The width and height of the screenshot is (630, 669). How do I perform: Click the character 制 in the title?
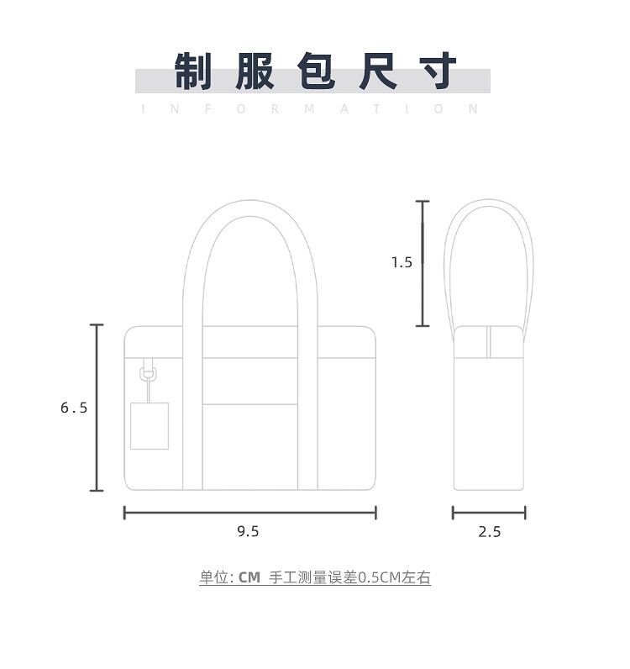193,71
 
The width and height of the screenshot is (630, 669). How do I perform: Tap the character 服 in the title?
254,71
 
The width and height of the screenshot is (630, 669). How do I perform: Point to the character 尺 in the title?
378,71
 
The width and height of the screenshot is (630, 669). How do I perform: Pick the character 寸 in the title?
439,71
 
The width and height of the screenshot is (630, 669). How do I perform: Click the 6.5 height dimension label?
74,408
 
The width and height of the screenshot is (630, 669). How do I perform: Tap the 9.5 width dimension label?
248,531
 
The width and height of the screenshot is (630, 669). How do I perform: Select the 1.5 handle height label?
402,262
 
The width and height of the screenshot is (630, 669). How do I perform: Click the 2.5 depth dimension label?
489,531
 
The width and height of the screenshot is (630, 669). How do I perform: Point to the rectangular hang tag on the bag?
149,425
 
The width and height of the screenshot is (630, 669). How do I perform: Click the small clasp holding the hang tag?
149,370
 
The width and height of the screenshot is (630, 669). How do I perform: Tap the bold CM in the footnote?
249,577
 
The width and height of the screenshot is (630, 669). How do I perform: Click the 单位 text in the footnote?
213,577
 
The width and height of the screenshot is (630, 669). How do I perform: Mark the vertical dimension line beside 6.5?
97,408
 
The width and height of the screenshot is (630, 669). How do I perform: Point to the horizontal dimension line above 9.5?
249,513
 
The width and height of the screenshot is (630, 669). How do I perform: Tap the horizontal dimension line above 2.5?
489,513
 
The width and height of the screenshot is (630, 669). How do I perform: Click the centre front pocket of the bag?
250,445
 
